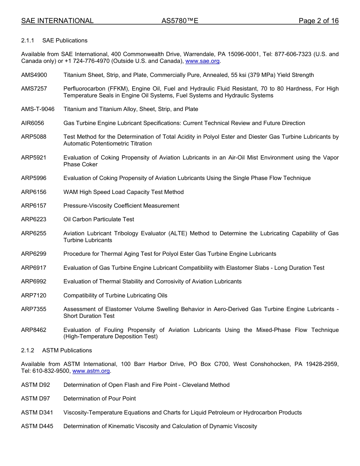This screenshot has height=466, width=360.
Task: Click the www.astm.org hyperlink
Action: (91, 371)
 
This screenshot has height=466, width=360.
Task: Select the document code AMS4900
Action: (34, 75)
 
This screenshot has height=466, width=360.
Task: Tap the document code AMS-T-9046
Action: (38, 109)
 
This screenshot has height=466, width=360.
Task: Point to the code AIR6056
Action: (33, 123)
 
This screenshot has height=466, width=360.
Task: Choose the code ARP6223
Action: (34, 219)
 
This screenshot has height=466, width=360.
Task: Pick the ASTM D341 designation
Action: (37, 413)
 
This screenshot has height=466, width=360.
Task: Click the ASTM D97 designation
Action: (36, 399)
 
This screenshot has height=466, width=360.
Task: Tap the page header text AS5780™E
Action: (180, 21)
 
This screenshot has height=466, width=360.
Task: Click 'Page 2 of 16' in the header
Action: (318, 21)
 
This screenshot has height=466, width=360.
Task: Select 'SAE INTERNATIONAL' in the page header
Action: (57, 21)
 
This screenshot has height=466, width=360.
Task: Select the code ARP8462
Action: (34, 330)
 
